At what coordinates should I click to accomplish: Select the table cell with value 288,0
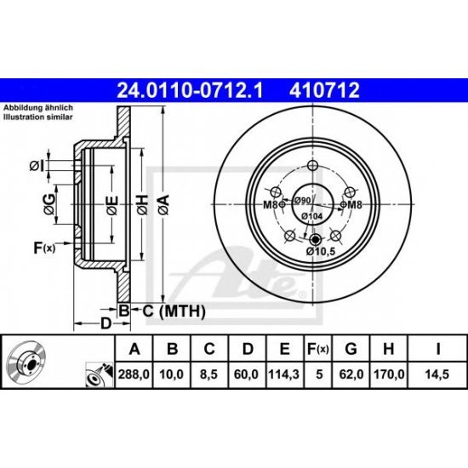pos(132,374)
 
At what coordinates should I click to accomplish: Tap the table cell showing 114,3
pos(278,374)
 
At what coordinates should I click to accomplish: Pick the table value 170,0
pos(388,374)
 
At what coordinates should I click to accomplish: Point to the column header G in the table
pos(351,348)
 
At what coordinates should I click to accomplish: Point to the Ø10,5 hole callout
pos(319,251)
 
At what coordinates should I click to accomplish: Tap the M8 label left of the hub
pos(270,205)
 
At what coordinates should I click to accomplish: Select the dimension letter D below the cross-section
pos(105,323)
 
